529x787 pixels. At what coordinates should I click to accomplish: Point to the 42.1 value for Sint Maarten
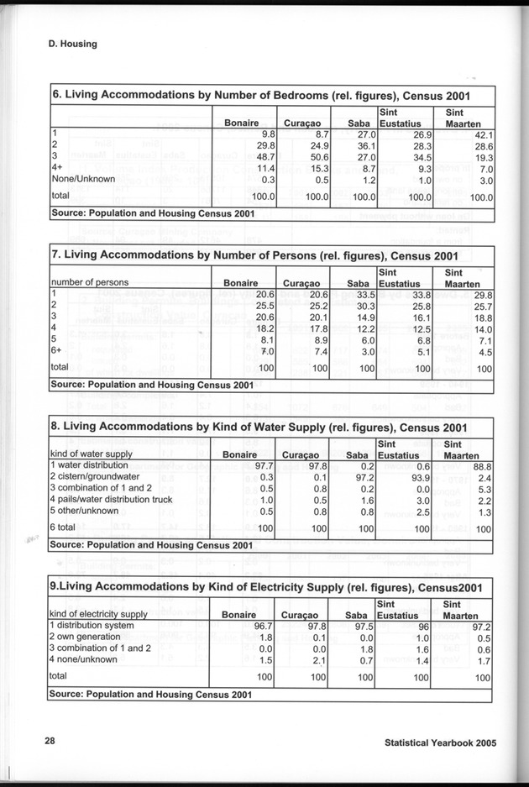coord(480,134)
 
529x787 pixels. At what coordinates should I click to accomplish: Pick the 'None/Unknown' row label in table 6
coord(81,180)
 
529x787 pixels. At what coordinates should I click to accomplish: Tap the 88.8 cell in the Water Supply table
coord(480,465)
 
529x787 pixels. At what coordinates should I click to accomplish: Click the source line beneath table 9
coord(152,695)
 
